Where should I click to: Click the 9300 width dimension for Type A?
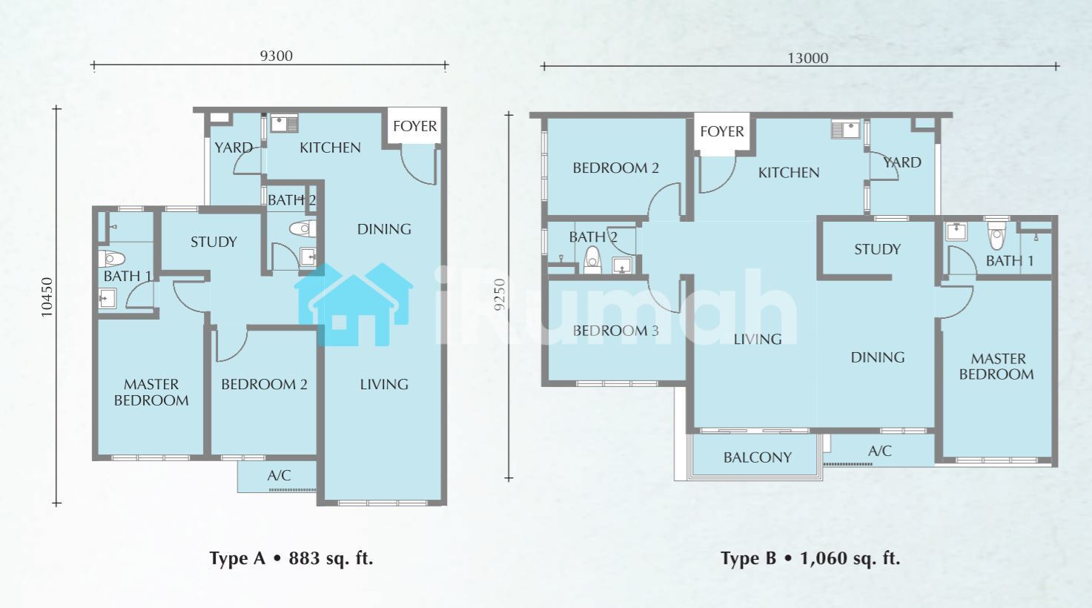pos(277,56)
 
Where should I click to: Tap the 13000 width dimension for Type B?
pos(808,58)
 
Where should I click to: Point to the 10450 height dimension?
pos(47,297)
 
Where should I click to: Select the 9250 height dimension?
pos(500,294)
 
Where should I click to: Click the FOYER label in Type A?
pos(415,126)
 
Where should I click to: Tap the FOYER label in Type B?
pos(722,131)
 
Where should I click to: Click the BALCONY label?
pos(758,457)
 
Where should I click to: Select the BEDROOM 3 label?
pos(616,331)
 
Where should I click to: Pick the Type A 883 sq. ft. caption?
pos(291,558)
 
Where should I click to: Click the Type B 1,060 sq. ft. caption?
pos(810,558)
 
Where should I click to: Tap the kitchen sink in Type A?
pos(284,124)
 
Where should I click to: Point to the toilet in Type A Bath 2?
pos(302,228)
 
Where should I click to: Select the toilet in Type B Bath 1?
pos(997,236)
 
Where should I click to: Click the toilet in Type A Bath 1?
pos(112,259)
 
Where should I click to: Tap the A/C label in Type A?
pos(279,475)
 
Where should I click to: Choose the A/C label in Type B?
pos(880,451)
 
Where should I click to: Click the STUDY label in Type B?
pos(877,250)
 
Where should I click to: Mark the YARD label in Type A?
pos(234,148)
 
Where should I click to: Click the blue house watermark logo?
pos(354,305)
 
